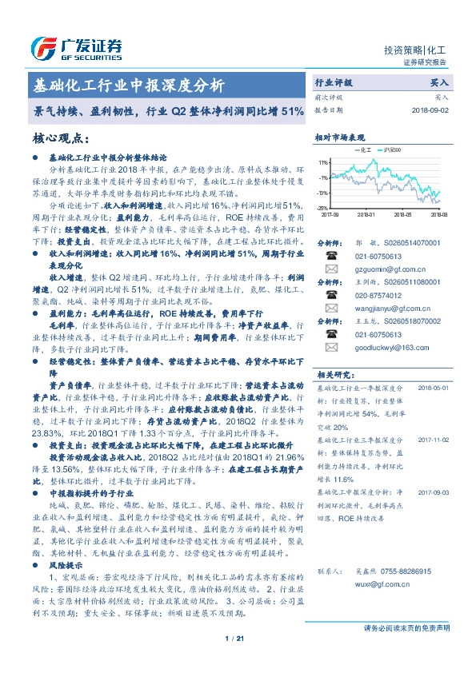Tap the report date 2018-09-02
[430, 110]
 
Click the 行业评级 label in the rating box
[334, 82]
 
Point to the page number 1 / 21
[238, 638]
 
